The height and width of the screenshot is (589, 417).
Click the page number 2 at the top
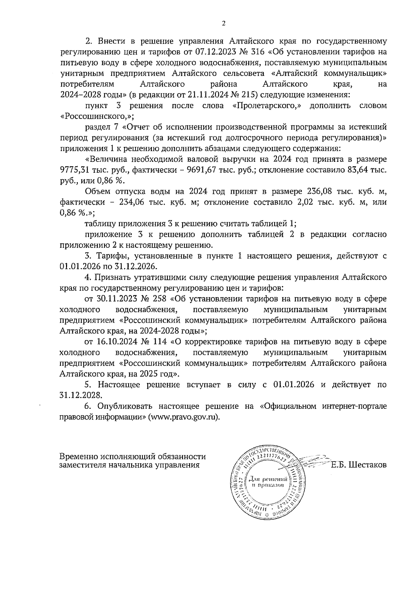223,24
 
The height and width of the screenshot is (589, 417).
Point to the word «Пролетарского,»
267,106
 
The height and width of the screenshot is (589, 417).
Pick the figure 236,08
321,191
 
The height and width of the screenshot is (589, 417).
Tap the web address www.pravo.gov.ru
183,417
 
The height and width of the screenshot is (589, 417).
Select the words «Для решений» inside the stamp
266,479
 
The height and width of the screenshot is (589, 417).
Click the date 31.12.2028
81,395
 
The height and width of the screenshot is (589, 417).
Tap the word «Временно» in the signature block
79,456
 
